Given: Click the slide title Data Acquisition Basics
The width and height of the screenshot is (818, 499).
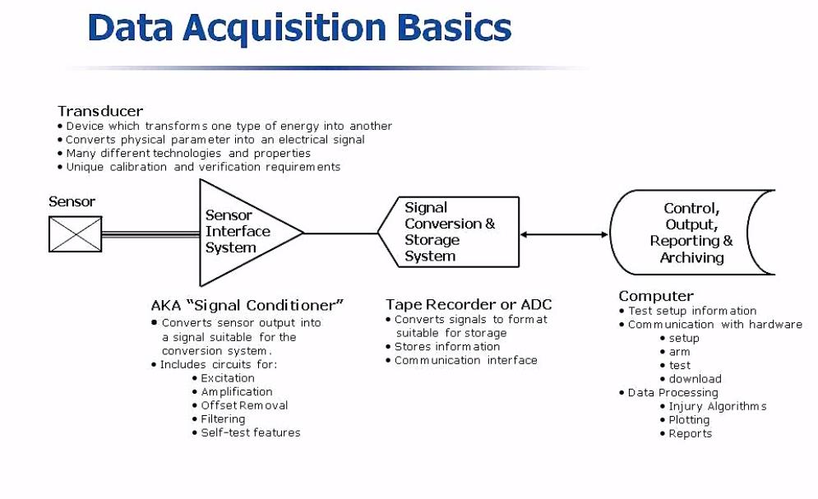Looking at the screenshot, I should pyautogui.click(x=299, y=27).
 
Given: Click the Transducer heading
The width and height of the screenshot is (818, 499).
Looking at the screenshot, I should pyautogui.click(x=100, y=111).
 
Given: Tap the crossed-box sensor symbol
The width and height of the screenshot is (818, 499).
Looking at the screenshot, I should pyautogui.click(x=76, y=233).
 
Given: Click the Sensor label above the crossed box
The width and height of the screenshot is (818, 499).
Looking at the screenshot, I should pyautogui.click(x=72, y=201).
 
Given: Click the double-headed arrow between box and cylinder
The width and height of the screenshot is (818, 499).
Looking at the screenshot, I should pyautogui.click(x=564, y=234).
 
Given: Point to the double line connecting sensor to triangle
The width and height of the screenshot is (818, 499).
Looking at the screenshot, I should pyautogui.click(x=150, y=233).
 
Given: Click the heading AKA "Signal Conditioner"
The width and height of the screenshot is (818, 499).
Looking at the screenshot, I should pyautogui.click(x=247, y=305).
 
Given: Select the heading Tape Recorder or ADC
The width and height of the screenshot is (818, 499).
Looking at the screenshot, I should pyautogui.click(x=469, y=305).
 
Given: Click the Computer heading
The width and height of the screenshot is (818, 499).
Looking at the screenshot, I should pyautogui.click(x=656, y=296).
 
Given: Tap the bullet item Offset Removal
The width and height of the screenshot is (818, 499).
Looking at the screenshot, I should pyautogui.click(x=244, y=405).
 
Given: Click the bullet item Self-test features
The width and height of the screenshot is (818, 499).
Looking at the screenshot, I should pyautogui.click(x=251, y=432).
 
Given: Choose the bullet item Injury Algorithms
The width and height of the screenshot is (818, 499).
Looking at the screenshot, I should pyautogui.click(x=717, y=406).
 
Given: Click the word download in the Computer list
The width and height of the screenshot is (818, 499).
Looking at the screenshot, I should pyautogui.click(x=695, y=379).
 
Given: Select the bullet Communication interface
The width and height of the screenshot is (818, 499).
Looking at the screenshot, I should pyautogui.click(x=465, y=360).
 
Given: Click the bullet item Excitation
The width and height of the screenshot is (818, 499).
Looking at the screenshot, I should pyautogui.click(x=228, y=378).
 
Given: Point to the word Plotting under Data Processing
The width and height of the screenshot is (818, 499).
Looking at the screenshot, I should pyautogui.click(x=689, y=420).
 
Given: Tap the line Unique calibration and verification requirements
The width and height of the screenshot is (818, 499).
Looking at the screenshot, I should pyautogui.click(x=203, y=167).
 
